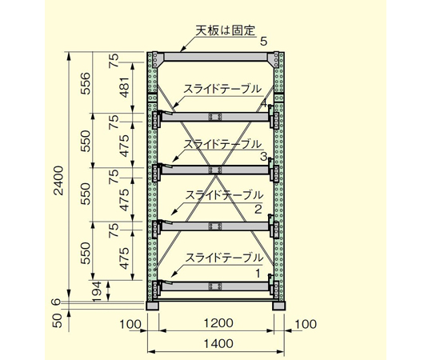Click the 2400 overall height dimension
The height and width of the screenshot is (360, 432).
coord(58,181)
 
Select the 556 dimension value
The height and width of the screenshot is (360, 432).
coord(86,83)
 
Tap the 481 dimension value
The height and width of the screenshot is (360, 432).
coord(124,87)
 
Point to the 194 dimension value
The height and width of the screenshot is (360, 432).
coord(98,291)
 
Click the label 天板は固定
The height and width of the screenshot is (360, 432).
coord(226,30)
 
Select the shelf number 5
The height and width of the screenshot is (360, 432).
coord(264,42)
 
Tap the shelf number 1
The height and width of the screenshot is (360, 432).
coord(258,274)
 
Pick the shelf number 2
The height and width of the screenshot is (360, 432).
coord(258,210)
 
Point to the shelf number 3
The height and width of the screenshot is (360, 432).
coord(263,157)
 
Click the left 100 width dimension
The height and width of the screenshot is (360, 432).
coord(130,324)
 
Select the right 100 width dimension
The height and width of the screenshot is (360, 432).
coord(306,324)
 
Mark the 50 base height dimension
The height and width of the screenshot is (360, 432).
coord(58,321)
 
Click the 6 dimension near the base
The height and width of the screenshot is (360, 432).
coord(57,302)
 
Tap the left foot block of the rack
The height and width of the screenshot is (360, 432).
coord(152,306)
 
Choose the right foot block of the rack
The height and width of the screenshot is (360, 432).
coord(279,306)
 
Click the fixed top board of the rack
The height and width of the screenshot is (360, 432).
coord(215,57)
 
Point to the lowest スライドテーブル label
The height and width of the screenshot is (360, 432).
coord(224,258)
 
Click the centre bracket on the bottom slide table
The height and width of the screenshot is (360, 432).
coord(215,286)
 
